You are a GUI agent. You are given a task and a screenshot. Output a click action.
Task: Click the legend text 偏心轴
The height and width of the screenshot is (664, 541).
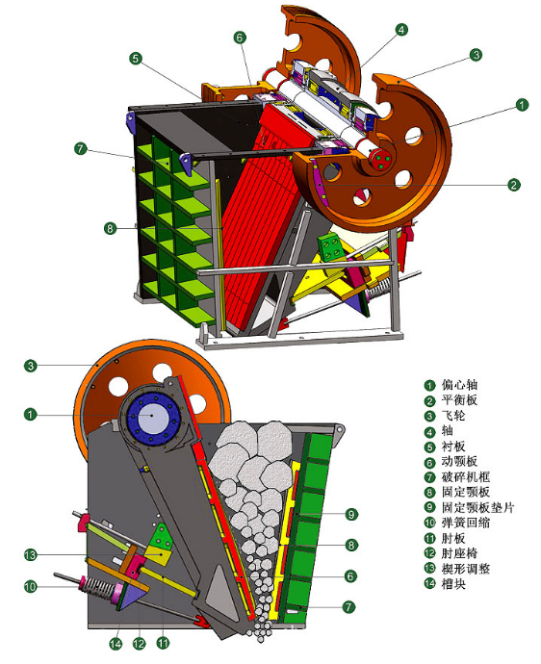click(x=459, y=385)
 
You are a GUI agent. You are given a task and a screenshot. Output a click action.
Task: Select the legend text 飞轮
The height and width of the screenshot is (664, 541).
click(x=453, y=416)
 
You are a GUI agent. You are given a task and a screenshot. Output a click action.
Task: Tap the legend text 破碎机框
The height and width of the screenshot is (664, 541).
click(x=466, y=476)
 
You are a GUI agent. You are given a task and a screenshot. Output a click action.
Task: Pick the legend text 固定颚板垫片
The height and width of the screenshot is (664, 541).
click(x=477, y=507)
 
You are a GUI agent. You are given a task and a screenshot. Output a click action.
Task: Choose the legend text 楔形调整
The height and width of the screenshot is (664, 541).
click(x=466, y=569)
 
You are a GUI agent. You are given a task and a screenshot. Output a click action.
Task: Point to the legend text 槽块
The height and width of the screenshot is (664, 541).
click(x=453, y=583)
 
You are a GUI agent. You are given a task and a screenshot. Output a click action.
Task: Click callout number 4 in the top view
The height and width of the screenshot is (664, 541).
click(x=401, y=30)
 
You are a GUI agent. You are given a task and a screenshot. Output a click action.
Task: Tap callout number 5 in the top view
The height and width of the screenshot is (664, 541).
click(x=135, y=59)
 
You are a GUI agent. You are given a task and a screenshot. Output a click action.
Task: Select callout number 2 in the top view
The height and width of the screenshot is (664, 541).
click(x=513, y=185)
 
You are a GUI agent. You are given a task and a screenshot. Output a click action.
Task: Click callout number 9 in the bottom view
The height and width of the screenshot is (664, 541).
click(x=351, y=514)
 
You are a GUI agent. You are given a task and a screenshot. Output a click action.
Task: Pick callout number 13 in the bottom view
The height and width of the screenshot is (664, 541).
click(x=31, y=554)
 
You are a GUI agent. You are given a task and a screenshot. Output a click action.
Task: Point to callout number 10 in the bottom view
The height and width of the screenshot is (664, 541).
click(x=31, y=586)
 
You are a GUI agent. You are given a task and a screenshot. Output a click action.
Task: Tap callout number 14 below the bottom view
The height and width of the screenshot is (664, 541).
click(x=116, y=644)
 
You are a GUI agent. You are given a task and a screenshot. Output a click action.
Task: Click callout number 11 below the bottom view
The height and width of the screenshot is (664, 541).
click(x=163, y=643)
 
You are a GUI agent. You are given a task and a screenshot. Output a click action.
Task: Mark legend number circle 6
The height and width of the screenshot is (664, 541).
click(x=429, y=463)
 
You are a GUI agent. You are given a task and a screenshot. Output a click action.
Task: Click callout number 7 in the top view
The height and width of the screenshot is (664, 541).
click(x=81, y=148)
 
